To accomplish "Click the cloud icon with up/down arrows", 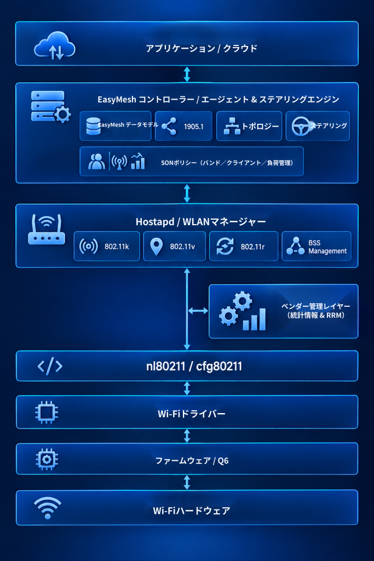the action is coord(54,45).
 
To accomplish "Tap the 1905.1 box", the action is coord(183,126).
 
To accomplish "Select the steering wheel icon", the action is coord(301,127).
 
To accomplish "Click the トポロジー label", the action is coord(260,127).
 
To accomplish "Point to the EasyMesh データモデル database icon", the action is coord(93,126).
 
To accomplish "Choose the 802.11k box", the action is coord(107,246).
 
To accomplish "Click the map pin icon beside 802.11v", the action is coord(156,247).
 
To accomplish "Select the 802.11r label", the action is coord(252,247).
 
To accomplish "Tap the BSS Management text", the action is coord(327,247).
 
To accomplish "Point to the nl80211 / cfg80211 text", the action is coord(194,366).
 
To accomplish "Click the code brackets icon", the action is coord(50,366).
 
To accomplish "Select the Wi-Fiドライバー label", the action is coord(192,414).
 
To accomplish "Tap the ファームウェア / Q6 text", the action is coord(192,460).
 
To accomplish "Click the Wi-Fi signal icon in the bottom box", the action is coord(48,508).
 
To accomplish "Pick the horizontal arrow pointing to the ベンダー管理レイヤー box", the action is coord(198,311).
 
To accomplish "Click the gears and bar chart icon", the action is coord(243,311).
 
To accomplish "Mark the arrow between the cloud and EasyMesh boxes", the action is coord(187,74).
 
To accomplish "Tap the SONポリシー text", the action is coord(227,163).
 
